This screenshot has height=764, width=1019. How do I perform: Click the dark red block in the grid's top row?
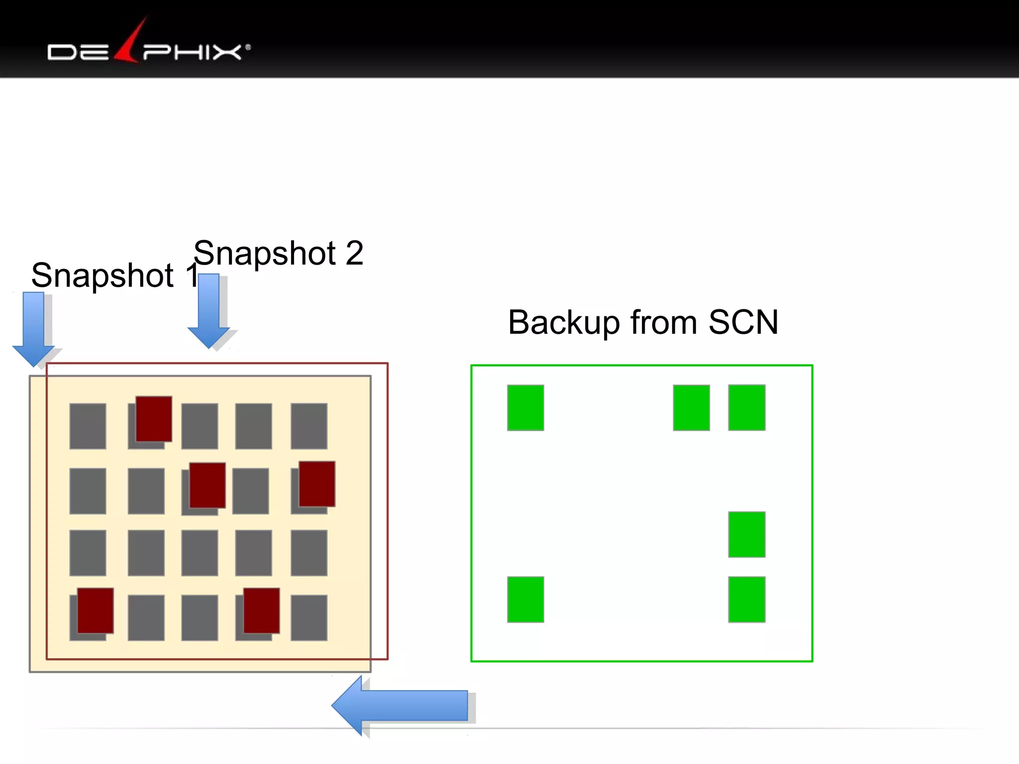click(154, 419)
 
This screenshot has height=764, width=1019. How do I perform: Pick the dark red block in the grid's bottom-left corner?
click(95, 610)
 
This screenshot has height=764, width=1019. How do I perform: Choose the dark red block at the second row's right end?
click(317, 484)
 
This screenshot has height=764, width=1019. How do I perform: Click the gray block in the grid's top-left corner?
click(88, 426)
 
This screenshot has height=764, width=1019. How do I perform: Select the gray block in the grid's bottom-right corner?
click(309, 618)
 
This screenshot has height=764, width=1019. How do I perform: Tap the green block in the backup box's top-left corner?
click(525, 408)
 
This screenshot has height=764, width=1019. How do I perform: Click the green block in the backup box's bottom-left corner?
click(525, 599)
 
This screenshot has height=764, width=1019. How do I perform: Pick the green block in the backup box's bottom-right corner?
click(746, 599)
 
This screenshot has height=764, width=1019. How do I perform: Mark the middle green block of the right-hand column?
click(746, 535)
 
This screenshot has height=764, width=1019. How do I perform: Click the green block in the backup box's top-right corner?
click(746, 408)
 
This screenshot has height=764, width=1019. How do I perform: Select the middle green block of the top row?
click(691, 408)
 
